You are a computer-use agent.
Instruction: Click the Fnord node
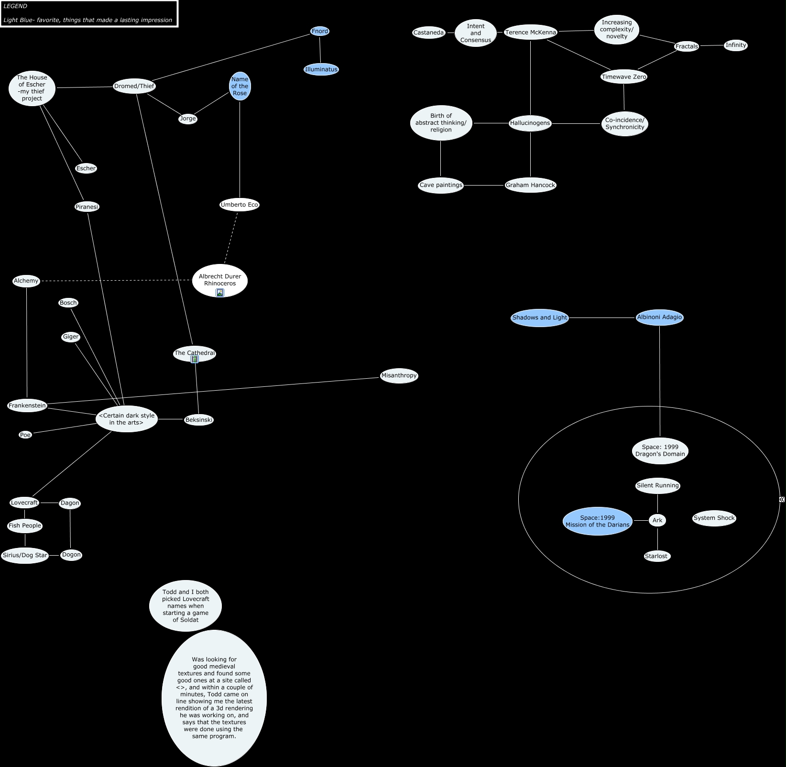pyautogui.click(x=320, y=32)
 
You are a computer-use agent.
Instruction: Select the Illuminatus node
pyautogui.click(x=321, y=69)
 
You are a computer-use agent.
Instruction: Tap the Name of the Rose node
pyautogui.click(x=240, y=87)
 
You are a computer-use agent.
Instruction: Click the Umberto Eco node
pyautogui.click(x=239, y=205)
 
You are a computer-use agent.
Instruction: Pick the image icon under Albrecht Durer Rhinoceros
pyautogui.click(x=220, y=293)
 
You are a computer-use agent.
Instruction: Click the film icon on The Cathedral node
pyautogui.click(x=195, y=359)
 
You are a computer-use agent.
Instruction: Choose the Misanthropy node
pyautogui.click(x=399, y=376)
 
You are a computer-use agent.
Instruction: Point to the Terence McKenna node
pyautogui.click(x=531, y=33)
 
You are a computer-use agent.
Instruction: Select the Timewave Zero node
pyautogui.click(x=623, y=77)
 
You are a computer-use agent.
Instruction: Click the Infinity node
pyautogui.click(x=735, y=45)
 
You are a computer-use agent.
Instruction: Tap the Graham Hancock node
pyautogui.click(x=530, y=186)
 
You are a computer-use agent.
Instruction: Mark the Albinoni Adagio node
pyautogui.click(x=659, y=318)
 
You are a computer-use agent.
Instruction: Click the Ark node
pyautogui.click(x=657, y=520)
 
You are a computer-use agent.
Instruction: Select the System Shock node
pyautogui.click(x=714, y=518)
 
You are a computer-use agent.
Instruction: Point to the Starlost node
pyautogui.click(x=656, y=556)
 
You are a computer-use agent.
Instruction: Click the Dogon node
pyautogui.click(x=71, y=555)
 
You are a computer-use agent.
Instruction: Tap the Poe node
pyautogui.click(x=25, y=435)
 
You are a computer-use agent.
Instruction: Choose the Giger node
pyautogui.click(x=71, y=337)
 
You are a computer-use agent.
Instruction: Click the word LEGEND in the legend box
pyautogui.click(x=15, y=6)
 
